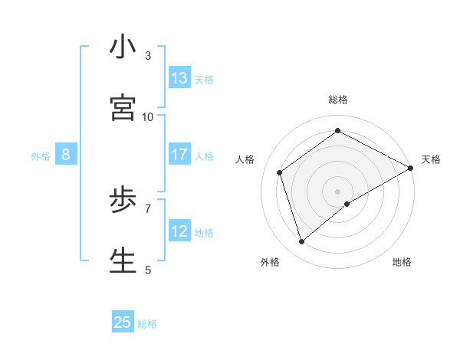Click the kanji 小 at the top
123,47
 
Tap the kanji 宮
123,108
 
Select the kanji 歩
123,201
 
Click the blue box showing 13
179,78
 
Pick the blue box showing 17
179,155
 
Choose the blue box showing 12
179,231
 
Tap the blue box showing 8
66,155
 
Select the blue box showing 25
123,322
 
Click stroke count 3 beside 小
148,56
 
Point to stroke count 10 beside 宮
148,117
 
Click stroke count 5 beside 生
148,270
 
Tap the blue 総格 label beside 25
147,324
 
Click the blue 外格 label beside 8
41,156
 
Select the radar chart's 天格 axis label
431,159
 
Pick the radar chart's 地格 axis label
402,262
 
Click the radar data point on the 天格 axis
411,167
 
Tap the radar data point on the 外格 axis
302,242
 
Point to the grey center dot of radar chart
338,191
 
